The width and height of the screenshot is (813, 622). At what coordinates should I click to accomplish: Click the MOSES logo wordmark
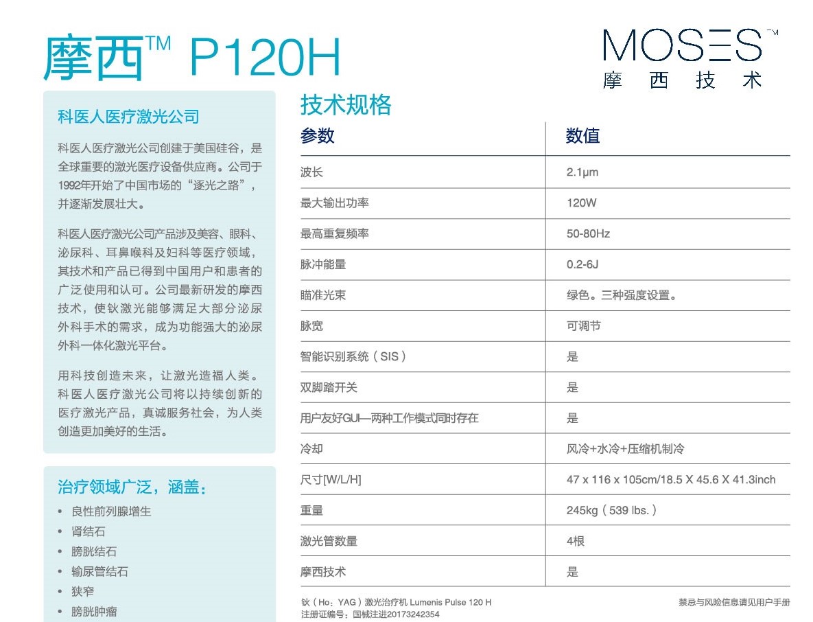(682, 45)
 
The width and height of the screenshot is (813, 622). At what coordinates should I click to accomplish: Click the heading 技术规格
(346, 105)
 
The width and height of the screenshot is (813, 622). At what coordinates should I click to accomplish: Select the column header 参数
(317, 136)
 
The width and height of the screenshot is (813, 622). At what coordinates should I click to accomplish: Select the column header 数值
(582, 136)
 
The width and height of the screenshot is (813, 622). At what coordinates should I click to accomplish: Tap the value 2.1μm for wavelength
(582, 172)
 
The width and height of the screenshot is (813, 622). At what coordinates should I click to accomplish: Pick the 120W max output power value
(581, 203)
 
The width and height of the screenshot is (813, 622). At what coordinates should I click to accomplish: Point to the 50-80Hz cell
(588, 233)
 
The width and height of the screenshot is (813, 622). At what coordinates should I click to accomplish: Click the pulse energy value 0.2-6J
(582, 264)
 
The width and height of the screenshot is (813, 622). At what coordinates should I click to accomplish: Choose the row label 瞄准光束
(323, 295)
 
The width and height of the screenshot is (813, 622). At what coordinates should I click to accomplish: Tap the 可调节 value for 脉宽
(583, 325)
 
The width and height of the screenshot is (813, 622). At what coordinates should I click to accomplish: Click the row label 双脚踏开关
(329, 387)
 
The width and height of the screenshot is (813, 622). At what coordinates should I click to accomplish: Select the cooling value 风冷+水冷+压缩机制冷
(625, 449)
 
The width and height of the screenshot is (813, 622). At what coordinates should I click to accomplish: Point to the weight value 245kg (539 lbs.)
(611, 510)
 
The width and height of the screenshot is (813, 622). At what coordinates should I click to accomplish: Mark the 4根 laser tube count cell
(575, 541)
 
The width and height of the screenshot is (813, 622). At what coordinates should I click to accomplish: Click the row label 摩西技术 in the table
(323, 572)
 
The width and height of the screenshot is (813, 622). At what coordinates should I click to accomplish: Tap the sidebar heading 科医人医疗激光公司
(128, 117)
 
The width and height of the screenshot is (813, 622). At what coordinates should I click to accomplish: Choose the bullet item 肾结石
(89, 531)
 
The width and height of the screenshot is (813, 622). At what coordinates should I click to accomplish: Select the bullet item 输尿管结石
(99, 571)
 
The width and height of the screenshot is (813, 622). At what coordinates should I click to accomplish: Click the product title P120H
(265, 58)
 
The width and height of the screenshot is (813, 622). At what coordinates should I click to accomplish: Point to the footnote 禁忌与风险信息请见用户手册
(734, 602)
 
